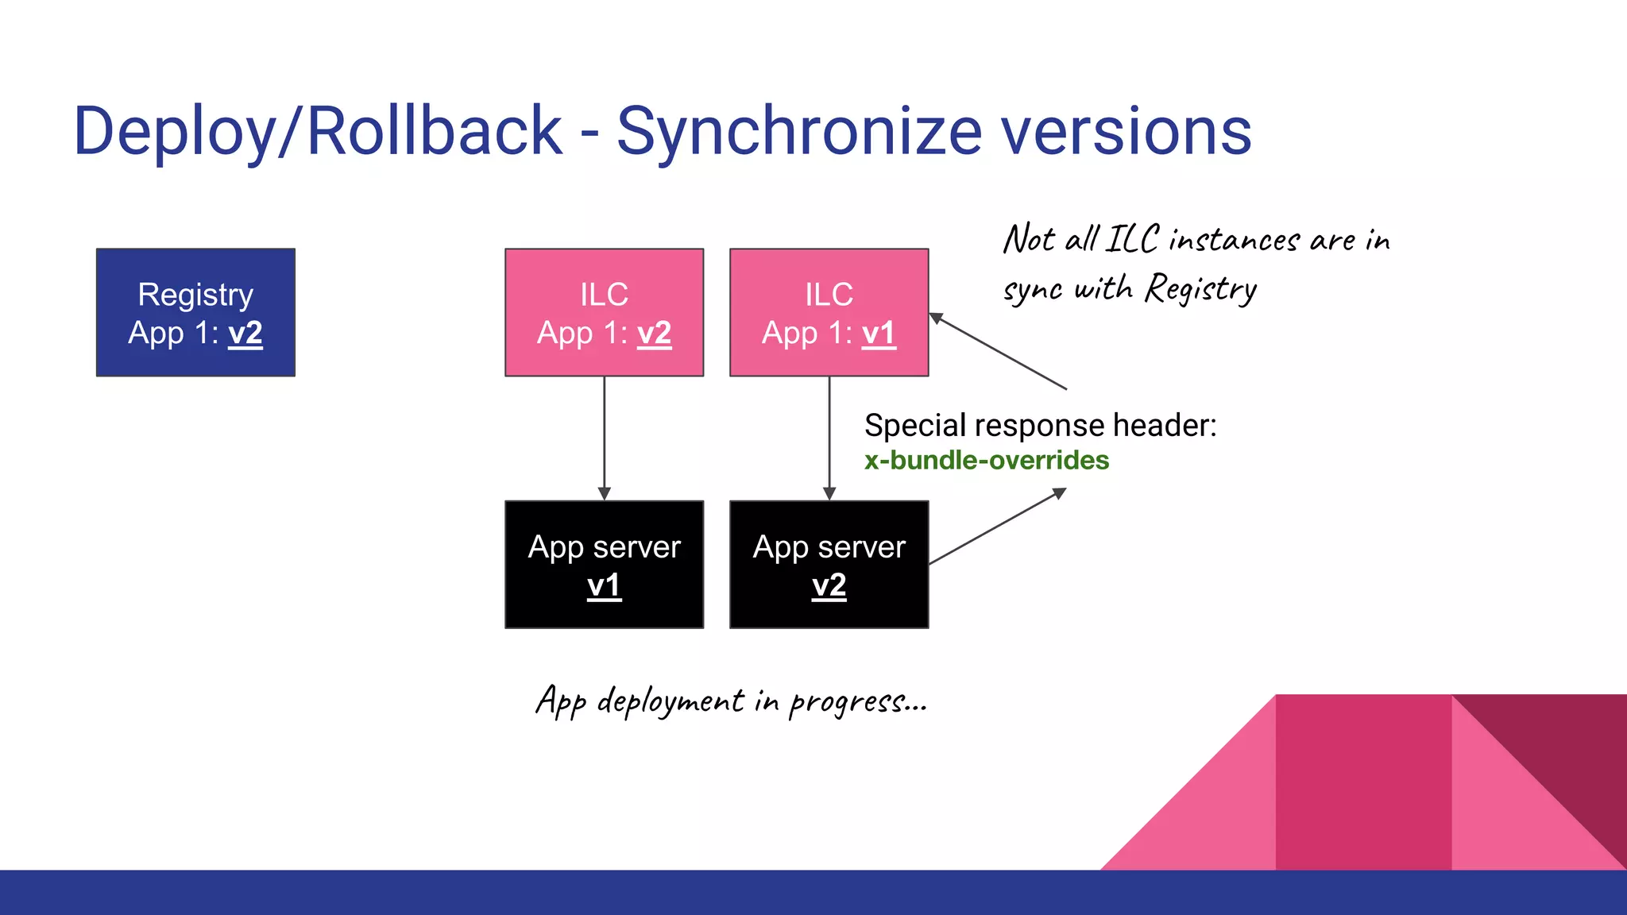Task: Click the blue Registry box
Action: (x=195, y=312)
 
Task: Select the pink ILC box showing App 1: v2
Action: (x=604, y=312)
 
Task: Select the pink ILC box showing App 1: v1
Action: (x=829, y=312)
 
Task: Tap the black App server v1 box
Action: (x=604, y=564)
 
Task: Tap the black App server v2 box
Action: (x=829, y=564)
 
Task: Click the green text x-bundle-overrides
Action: (x=986, y=461)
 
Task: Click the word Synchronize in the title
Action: (x=799, y=132)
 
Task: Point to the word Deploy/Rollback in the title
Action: (x=318, y=132)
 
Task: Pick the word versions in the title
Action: (x=1126, y=132)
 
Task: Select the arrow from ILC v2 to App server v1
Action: (x=604, y=437)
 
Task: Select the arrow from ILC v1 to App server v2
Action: (x=829, y=437)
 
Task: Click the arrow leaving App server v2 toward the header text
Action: (x=997, y=526)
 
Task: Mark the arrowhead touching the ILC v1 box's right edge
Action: (x=937, y=318)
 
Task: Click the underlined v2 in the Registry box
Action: (x=245, y=334)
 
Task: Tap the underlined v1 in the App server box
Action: (x=604, y=586)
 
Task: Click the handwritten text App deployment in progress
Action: (x=731, y=701)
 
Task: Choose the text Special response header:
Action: (x=1040, y=426)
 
